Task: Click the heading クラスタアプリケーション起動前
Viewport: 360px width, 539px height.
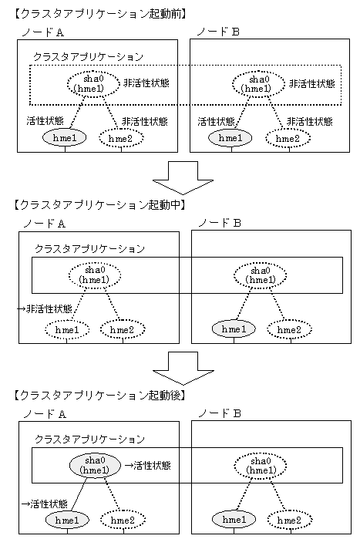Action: [100, 14]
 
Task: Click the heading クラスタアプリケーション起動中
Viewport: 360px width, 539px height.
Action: [100, 205]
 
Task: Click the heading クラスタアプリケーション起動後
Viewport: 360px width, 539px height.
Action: [100, 396]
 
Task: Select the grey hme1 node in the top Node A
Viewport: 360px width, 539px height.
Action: [64, 138]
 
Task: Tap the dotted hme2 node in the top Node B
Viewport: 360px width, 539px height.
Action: [288, 139]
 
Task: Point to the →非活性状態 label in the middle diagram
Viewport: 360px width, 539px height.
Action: [45, 308]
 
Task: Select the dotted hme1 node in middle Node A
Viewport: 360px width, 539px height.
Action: [67, 330]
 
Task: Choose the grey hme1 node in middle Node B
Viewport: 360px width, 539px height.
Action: [234, 329]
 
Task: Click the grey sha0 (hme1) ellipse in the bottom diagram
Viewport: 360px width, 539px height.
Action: [95, 465]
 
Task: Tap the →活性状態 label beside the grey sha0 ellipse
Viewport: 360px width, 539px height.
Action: [147, 466]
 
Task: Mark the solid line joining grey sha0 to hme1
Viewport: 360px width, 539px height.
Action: [79, 494]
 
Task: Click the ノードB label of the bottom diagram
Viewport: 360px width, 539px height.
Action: [220, 413]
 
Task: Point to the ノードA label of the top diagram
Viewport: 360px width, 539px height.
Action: [42, 32]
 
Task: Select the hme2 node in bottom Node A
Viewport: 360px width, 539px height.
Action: [123, 520]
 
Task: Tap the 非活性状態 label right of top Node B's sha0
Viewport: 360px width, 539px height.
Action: [312, 83]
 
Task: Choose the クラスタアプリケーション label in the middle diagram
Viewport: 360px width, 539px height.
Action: [89, 248]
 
